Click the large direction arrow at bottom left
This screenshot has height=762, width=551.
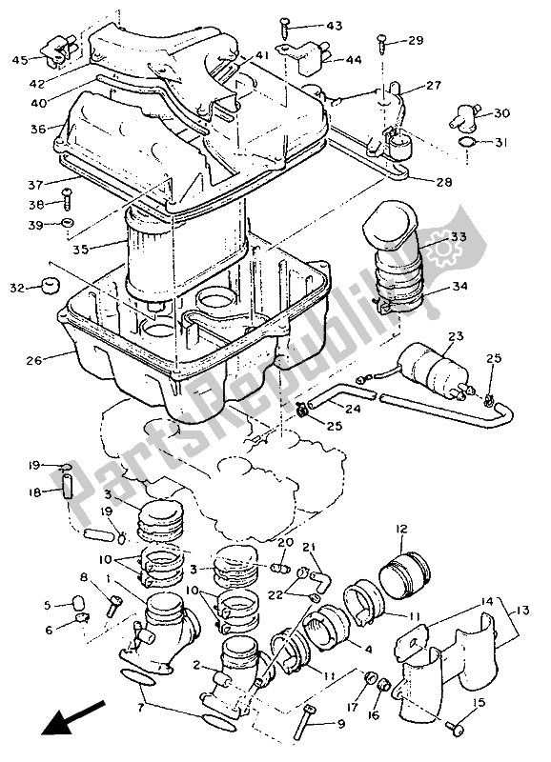72,717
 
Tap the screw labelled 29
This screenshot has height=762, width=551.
383,42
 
